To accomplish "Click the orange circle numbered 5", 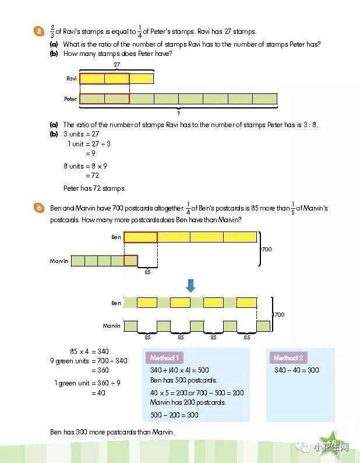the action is pyautogui.click(x=39, y=31).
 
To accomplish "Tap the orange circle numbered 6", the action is pyautogui.click(x=39, y=208).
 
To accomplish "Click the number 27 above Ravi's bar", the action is pyautogui.click(x=117, y=64).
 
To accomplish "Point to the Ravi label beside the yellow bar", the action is pyautogui.click(x=72, y=79).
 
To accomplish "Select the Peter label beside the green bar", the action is pyautogui.click(x=70, y=99).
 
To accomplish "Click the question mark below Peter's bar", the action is pyautogui.click(x=178, y=113).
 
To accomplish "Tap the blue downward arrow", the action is pyautogui.click(x=190, y=286).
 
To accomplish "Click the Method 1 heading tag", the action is pyautogui.click(x=164, y=358).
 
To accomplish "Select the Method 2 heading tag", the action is pyautogui.click(x=288, y=358).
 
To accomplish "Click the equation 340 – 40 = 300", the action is pyautogui.click(x=297, y=370).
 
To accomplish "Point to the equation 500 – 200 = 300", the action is pyautogui.click(x=174, y=415).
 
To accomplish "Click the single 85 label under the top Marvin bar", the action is pyautogui.click(x=147, y=272).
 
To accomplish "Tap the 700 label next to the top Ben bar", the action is pyautogui.click(x=267, y=249).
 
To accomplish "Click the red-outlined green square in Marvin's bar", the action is pyautogui.click(x=130, y=261).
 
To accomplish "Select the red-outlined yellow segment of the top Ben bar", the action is pyautogui.click(x=140, y=237).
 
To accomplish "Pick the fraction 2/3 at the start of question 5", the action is pyautogui.click(x=52, y=31).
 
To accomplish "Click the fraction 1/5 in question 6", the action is pyautogui.click(x=293, y=209).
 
